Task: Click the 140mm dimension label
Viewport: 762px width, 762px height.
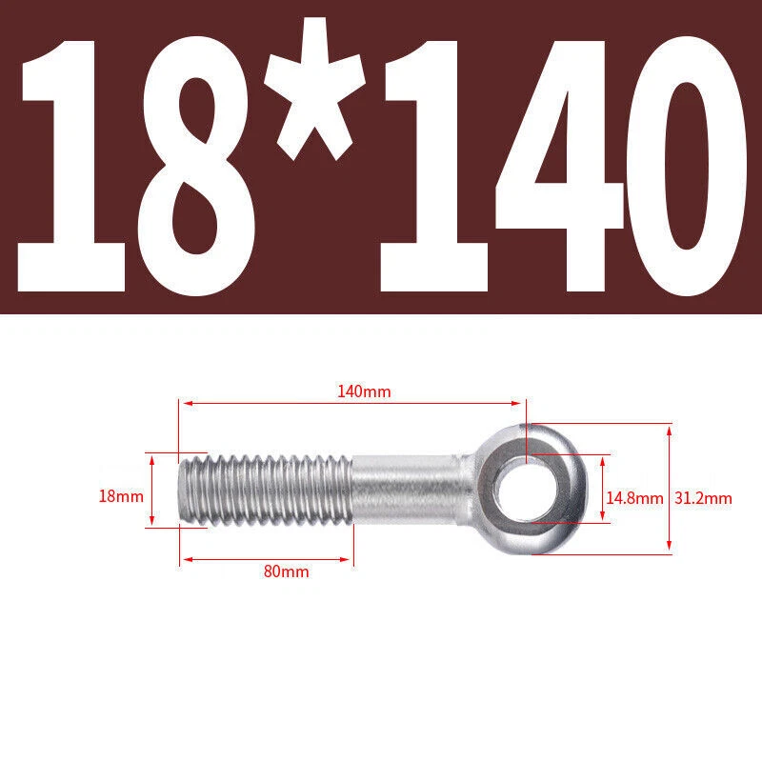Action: pyautogui.click(x=364, y=391)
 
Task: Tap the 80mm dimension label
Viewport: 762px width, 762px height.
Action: pyautogui.click(x=287, y=571)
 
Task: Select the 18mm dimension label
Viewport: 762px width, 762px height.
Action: pyautogui.click(x=121, y=496)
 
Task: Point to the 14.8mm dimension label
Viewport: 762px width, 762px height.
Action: pyautogui.click(x=634, y=498)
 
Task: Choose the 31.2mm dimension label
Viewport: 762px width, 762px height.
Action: pyautogui.click(x=703, y=498)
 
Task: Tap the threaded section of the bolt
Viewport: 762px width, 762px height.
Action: pyautogui.click(x=265, y=490)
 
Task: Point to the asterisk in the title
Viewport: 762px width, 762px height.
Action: pyautogui.click(x=314, y=89)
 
